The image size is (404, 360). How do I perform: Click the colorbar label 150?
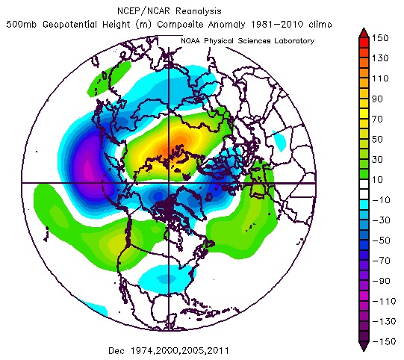(384, 37)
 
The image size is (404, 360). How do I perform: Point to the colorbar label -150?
(384, 340)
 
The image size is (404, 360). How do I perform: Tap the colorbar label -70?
(384, 259)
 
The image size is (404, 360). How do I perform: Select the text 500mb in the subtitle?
(22, 24)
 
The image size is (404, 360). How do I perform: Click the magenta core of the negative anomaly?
(88, 166)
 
